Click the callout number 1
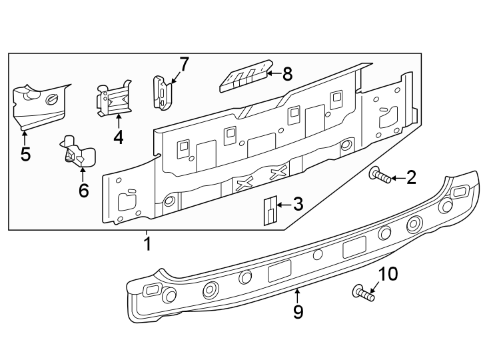tap(147, 244)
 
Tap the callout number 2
tap(411, 177)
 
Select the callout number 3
tap(298, 205)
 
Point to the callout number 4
tap(118, 137)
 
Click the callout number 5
tap(25, 155)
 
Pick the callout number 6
tap(83, 191)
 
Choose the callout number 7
tap(184, 65)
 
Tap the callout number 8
tap(287, 74)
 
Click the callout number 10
tap(388, 274)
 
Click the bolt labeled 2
tap(380, 176)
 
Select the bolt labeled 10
tap(362, 293)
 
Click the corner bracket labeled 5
tap(39, 105)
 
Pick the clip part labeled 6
tap(77, 153)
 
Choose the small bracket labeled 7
tap(162, 92)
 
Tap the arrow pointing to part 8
tap(273, 74)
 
